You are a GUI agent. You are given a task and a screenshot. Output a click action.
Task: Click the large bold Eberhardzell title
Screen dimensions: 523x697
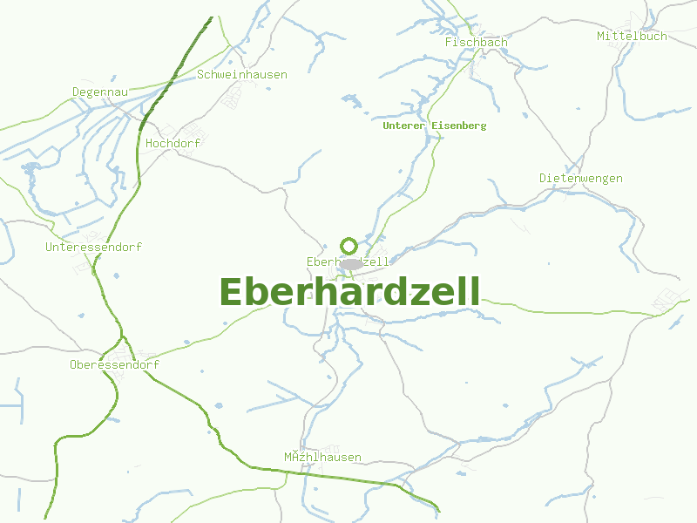coord(349,292)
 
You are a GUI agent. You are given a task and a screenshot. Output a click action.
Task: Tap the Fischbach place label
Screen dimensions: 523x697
coord(476,42)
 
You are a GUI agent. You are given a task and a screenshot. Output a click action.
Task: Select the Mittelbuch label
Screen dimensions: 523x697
coord(632,36)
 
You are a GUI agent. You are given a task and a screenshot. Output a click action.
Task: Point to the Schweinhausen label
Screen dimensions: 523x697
coord(241,74)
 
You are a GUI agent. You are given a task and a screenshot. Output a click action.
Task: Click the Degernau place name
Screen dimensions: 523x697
coord(100,92)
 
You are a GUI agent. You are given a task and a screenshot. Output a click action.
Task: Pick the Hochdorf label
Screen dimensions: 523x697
coord(173,143)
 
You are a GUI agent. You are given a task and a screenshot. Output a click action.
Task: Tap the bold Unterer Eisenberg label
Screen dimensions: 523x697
coord(434,126)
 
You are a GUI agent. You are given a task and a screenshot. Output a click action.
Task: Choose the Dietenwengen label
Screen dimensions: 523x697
coord(580,178)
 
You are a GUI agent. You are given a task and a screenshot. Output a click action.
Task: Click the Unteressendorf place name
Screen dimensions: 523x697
coord(93,247)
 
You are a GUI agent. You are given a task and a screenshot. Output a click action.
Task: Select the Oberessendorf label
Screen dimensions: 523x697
coord(114,364)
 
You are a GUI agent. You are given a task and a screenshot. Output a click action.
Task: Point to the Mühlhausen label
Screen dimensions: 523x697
coord(322,457)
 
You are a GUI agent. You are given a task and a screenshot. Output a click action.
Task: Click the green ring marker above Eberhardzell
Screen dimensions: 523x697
coord(348,246)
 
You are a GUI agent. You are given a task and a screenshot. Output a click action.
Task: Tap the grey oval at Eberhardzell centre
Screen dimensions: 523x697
coord(351,263)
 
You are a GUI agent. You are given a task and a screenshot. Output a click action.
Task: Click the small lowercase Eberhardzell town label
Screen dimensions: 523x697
coord(348,261)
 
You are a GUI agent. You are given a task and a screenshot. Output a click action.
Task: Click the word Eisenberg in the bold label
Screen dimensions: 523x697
coord(458,126)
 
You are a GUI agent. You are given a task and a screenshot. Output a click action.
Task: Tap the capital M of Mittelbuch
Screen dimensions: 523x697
coord(600,36)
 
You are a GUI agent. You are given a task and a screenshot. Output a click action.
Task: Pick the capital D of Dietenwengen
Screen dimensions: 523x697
coord(543,178)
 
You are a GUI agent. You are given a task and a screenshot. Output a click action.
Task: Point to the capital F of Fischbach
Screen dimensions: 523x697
coord(448,42)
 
